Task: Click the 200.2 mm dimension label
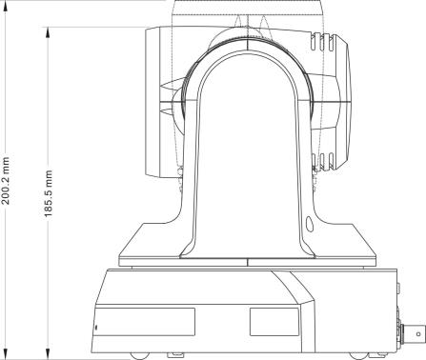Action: tap(6, 180)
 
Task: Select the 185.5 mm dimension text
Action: tap(49, 193)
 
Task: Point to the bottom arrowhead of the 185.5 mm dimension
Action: tap(48, 352)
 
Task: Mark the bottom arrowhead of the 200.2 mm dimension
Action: tap(6, 352)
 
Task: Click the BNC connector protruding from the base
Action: tap(412, 333)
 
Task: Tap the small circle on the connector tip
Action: tap(418, 333)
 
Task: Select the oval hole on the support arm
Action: tap(309, 224)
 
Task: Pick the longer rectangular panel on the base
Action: tap(145, 322)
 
